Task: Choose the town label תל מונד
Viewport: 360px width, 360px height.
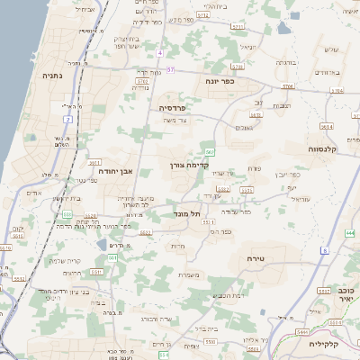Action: [189, 213]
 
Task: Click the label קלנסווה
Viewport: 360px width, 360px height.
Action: [321, 148]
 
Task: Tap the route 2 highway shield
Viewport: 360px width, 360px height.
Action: [67, 119]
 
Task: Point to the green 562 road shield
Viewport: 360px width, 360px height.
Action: [210, 151]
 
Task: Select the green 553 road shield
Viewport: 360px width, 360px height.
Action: [67, 214]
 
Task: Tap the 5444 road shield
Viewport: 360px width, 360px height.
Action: [301, 332]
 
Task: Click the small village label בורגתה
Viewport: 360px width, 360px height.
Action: [285, 63]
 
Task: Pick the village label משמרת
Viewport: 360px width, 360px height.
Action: [188, 274]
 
